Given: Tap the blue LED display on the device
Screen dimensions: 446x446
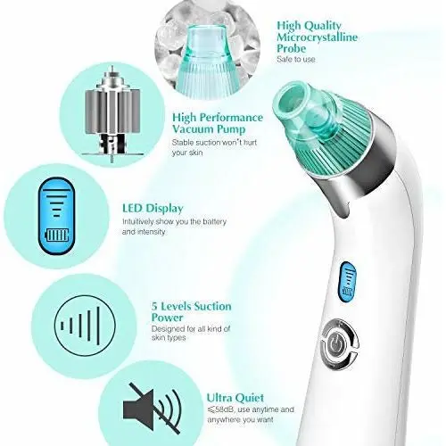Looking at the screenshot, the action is pyautogui.click(x=348, y=281).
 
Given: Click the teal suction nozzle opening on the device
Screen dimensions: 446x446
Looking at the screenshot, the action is pyautogui.click(x=291, y=101).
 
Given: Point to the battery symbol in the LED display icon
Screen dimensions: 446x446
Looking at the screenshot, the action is pyautogui.click(x=56, y=235).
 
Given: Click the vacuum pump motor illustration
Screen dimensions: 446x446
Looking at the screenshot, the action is pyautogui.click(x=112, y=114).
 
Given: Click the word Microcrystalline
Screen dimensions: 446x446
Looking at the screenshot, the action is pyautogui.click(x=318, y=37).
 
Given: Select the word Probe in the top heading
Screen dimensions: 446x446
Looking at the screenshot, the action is pyautogui.click(x=292, y=48).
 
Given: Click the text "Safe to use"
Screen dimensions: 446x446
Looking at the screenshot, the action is pyautogui.click(x=295, y=59).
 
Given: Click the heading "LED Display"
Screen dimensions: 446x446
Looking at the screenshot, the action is pyautogui.click(x=153, y=209).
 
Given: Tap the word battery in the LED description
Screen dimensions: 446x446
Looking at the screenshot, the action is pyautogui.click(x=214, y=222).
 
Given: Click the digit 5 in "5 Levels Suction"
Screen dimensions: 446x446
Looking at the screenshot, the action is pyautogui.click(x=154, y=306).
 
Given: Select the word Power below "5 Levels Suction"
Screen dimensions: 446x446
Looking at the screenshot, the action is pyautogui.click(x=167, y=318).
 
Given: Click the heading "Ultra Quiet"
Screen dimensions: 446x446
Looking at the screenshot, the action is pyautogui.click(x=235, y=398).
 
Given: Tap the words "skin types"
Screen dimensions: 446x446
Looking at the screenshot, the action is pyautogui.click(x=169, y=338).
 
